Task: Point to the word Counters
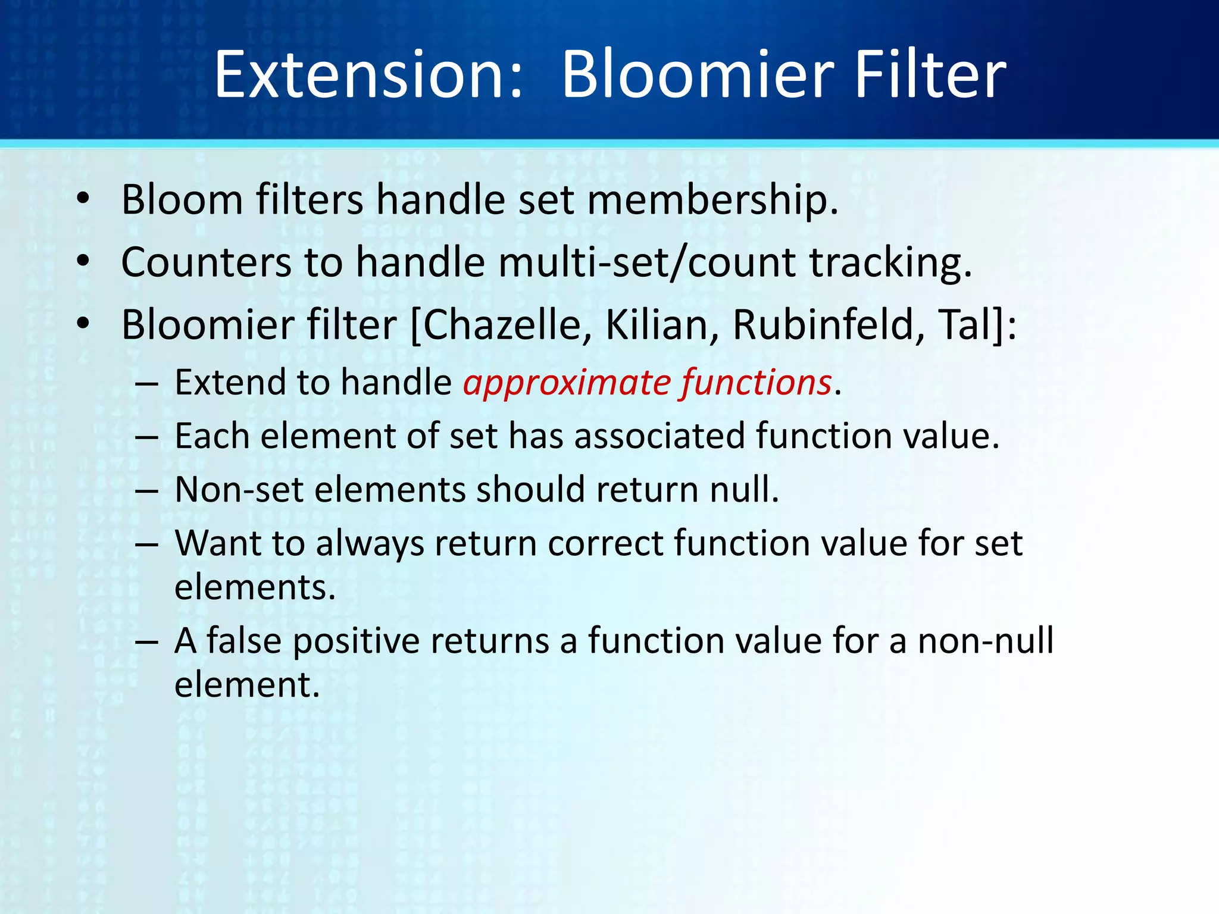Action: pyautogui.click(x=206, y=262)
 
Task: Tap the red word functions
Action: pyautogui.click(x=756, y=383)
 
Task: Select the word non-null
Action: pyautogui.click(x=985, y=641)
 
